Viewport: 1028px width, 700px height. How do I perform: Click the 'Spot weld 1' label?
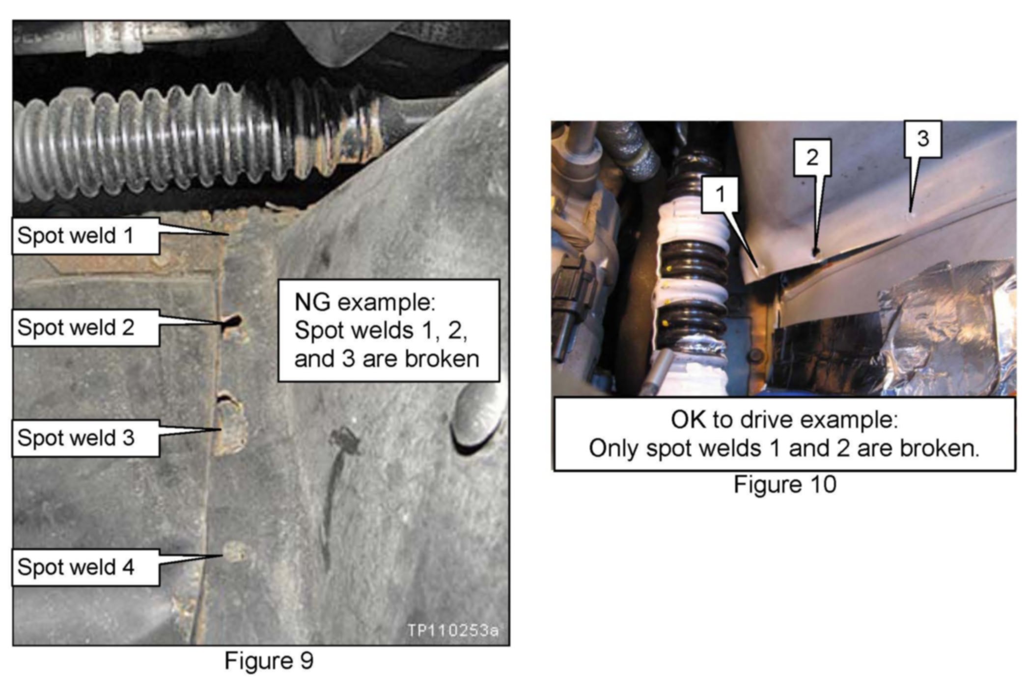point(85,236)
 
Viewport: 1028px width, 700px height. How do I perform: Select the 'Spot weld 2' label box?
point(85,328)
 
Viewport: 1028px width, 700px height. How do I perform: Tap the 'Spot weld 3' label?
point(85,438)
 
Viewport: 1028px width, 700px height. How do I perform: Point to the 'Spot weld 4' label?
point(85,567)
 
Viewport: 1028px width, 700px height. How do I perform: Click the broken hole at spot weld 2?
point(232,322)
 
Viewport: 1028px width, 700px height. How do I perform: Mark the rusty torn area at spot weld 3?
point(230,423)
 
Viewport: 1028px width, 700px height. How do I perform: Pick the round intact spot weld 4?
point(235,552)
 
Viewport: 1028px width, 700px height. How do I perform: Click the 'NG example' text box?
point(389,331)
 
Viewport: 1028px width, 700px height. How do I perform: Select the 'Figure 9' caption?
point(269,661)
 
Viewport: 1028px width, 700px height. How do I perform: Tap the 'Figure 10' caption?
point(785,484)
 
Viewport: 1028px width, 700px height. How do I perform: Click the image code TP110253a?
point(452,630)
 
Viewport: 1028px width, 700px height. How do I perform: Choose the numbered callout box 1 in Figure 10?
point(720,195)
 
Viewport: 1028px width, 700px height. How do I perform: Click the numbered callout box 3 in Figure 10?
point(923,139)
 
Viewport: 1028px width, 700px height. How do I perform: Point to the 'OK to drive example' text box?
point(784,434)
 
